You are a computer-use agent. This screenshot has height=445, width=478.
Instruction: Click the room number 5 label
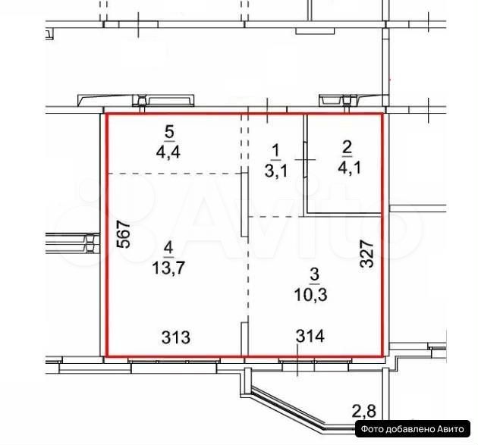pyautogui.click(x=169, y=132)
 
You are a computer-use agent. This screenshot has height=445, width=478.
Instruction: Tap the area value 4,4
pyautogui.click(x=168, y=152)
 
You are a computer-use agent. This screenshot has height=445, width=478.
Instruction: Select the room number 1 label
pyautogui.click(x=275, y=151)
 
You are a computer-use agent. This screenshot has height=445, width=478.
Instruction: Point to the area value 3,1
pyautogui.click(x=276, y=171)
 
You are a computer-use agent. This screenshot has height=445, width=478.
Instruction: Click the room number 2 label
pyautogui.click(x=347, y=147)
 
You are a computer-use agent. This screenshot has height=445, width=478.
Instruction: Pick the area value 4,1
pyautogui.click(x=349, y=168)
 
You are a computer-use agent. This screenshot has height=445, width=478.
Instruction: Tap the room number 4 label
pyautogui.click(x=168, y=248)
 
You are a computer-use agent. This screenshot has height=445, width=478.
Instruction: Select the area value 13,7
pyautogui.click(x=168, y=268)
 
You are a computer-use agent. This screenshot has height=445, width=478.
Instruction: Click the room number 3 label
pyautogui.click(x=314, y=274)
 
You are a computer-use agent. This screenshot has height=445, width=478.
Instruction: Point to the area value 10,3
pyautogui.click(x=311, y=295)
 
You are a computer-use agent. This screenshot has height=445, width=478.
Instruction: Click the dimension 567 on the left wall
pyautogui.click(x=124, y=234)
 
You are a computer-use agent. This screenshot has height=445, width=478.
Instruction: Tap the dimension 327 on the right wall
pyautogui.click(x=366, y=254)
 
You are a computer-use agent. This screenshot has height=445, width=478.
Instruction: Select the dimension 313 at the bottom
pyautogui.click(x=176, y=337)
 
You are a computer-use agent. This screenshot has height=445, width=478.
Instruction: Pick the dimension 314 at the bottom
pyautogui.click(x=310, y=337)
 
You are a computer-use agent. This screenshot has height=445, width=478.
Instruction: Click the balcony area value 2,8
pyautogui.click(x=364, y=411)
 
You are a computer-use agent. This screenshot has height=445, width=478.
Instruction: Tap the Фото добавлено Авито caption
pyautogui.click(x=413, y=429)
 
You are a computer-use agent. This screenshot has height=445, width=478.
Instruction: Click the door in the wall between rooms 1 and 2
pyautogui.click(x=305, y=159)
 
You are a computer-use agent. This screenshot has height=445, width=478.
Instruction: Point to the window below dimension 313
pyautogui.click(x=174, y=361)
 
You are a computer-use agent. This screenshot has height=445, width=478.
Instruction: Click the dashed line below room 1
pyautogui.click(x=276, y=217)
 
